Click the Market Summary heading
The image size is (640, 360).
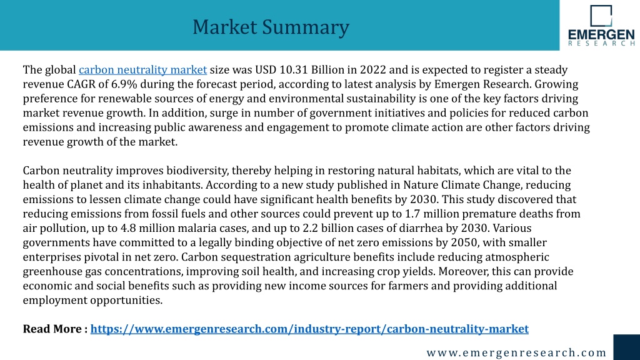271,27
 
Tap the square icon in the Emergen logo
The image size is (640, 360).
601,16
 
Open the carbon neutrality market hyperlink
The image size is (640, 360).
143,70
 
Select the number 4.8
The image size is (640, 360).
129,228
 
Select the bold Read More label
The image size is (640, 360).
55,329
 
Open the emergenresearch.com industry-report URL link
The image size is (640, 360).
309,329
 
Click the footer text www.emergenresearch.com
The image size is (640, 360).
516,352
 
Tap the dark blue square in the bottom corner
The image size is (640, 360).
626,347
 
